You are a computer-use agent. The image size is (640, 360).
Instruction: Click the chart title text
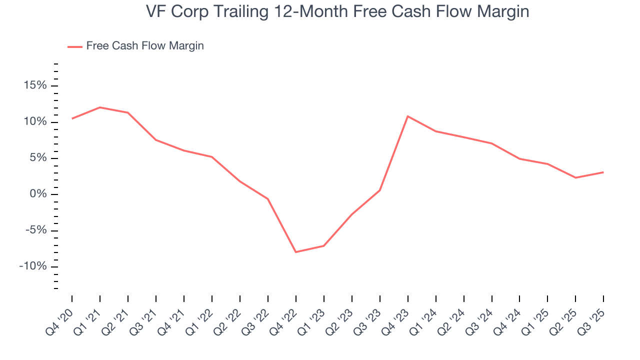pos(337,12)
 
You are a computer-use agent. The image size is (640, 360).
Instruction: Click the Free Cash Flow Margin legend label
pos(145,46)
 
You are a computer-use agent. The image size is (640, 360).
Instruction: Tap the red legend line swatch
pos(75,46)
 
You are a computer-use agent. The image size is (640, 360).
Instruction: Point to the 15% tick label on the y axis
pos(35,86)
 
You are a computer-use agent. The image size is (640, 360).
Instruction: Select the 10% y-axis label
pos(35,122)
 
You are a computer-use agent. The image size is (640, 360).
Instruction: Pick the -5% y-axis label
pos(34,230)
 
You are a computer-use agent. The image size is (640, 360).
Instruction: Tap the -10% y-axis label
pos(32,266)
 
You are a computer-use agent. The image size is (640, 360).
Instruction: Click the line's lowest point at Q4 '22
pos(296,252)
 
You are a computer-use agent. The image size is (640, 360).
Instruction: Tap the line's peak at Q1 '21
pos(100,107)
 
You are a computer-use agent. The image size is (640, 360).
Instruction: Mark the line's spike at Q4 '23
pos(408,116)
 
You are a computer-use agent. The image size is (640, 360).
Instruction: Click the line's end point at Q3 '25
pos(603,172)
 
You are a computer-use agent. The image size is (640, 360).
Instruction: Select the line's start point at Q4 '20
pos(72,118)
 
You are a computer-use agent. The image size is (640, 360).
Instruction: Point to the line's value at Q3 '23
pos(380,190)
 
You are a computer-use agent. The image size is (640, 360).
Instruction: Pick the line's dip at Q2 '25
pos(575,177)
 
